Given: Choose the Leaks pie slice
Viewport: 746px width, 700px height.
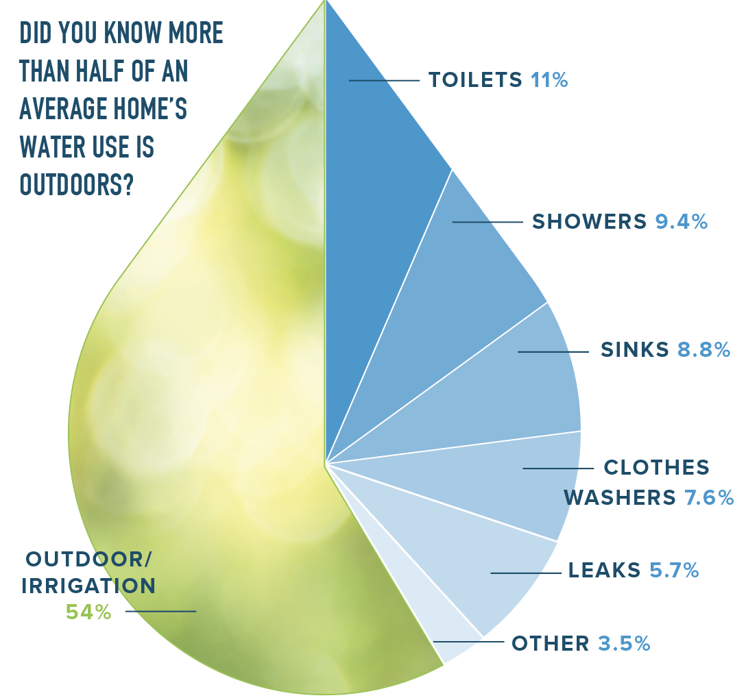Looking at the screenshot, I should [480, 568].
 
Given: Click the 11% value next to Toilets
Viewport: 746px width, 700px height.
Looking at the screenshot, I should [549, 80].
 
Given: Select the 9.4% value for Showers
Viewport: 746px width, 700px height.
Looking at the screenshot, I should [682, 222].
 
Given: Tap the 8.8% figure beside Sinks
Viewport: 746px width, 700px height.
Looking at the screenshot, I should [703, 350].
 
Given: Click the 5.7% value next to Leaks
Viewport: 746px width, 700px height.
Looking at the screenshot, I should [674, 570].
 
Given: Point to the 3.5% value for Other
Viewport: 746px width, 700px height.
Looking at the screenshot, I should [624, 644].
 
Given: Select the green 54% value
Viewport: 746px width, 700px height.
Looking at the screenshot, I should [88, 612].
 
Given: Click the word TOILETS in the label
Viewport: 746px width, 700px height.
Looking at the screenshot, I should [475, 80].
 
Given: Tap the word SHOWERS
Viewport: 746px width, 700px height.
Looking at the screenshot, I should [590, 222].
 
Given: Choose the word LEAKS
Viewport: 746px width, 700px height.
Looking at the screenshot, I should [605, 570].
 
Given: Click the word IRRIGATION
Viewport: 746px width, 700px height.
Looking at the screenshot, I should [88, 586].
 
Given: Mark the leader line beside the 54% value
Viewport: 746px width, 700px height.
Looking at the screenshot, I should [160, 611].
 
